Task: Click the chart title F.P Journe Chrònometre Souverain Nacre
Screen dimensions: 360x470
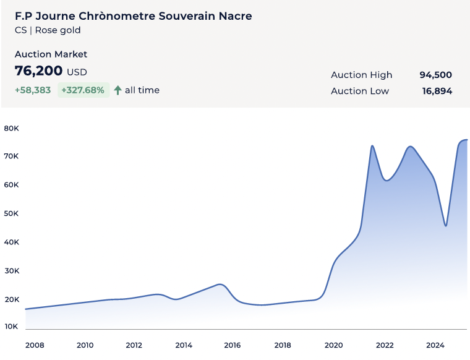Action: pos(133,16)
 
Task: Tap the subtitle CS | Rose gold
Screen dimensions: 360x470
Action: pos(48,30)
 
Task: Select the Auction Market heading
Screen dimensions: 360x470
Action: pos(51,54)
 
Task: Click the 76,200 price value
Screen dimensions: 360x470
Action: pos(38,71)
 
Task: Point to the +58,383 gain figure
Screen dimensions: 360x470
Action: pos(33,90)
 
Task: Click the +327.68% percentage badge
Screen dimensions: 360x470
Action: pos(83,90)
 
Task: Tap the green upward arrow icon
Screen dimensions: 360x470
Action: pos(117,90)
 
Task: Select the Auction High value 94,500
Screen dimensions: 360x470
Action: pos(435,75)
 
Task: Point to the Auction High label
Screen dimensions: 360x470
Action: pos(361,75)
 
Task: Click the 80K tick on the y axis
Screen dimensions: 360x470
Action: pos(12,129)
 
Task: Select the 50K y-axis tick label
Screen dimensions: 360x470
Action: pos(12,213)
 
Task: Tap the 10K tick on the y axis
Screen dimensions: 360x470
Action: pos(12,326)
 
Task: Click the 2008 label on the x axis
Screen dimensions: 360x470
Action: pos(35,345)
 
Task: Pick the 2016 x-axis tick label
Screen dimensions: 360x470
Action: pos(233,345)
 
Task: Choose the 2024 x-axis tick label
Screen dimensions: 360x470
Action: pos(435,345)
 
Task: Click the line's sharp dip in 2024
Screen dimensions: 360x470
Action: pos(445,226)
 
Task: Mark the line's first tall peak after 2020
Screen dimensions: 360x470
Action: pos(372,146)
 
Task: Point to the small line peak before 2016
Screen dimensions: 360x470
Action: pos(220,285)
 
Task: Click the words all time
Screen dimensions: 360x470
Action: pos(142,90)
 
